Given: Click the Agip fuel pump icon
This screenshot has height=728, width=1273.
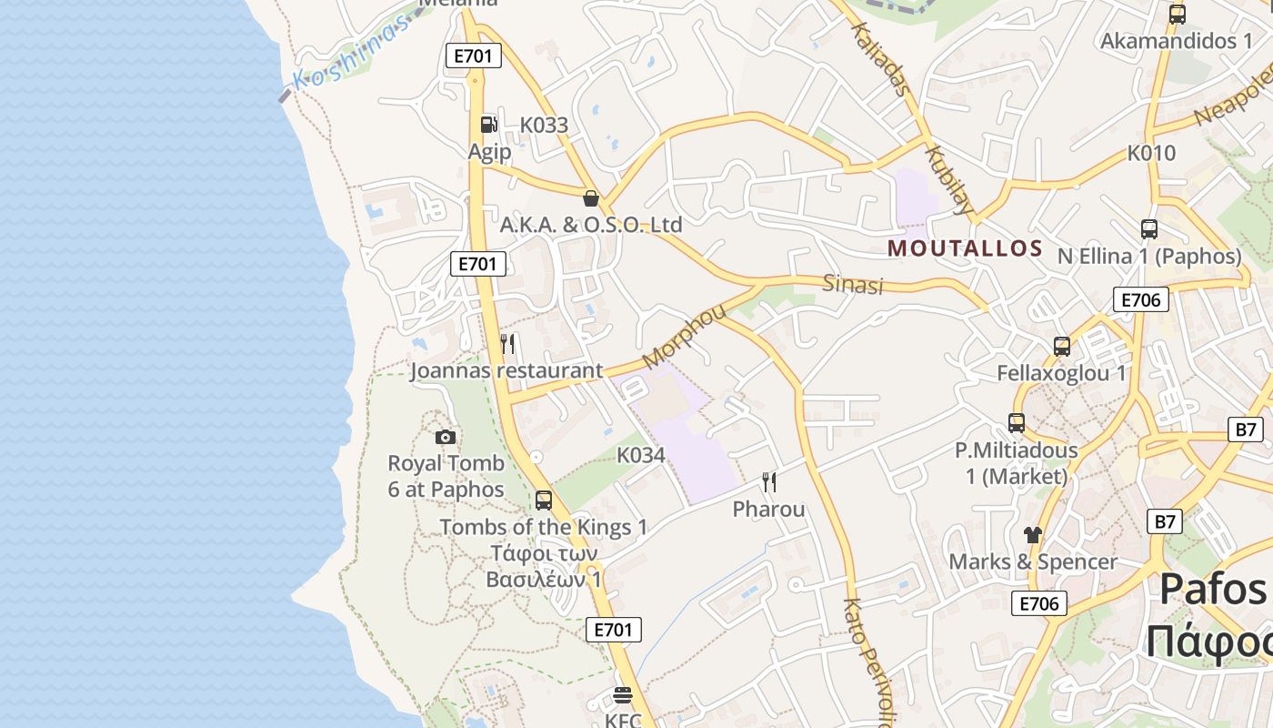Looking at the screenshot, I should click(x=488, y=125).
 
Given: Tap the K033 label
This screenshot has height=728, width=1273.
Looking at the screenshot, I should click(x=544, y=126).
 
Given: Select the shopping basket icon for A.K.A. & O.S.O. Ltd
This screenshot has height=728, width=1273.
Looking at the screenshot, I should click(x=591, y=198).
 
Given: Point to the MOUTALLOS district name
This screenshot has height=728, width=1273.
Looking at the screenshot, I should click(x=965, y=248).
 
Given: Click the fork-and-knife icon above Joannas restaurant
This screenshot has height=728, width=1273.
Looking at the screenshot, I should click(x=507, y=344).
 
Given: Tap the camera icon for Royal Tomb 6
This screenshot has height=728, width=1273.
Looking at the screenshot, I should click(x=445, y=437).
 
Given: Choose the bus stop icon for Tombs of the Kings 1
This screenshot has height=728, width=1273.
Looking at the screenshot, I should click(x=543, y=500).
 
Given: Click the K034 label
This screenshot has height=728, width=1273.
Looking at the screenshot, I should click(x=641, y=455).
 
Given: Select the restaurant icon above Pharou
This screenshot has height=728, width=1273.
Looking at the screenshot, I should click(x=769, y=482).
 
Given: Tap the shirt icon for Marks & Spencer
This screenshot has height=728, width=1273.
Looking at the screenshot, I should click(x=1032, y=534).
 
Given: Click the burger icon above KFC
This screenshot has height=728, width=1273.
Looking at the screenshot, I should click(x=623, y=695).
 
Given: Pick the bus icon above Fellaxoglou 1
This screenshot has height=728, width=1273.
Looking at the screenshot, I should click(x=1061, y=347).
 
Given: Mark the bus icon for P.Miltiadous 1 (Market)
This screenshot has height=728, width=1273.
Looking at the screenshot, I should click(x=1016, y=423).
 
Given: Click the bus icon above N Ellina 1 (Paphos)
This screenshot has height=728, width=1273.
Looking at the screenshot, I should click(x=1148, y=229).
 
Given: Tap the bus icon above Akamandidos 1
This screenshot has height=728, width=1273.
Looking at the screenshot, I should click(x=1177, y=15).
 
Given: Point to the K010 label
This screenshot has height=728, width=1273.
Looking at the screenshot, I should click(x=1151, y=153).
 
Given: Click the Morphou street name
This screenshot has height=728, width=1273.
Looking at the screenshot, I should click(x=684, y=336).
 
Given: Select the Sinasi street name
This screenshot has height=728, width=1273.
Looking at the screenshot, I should click(x=853, y=285).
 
